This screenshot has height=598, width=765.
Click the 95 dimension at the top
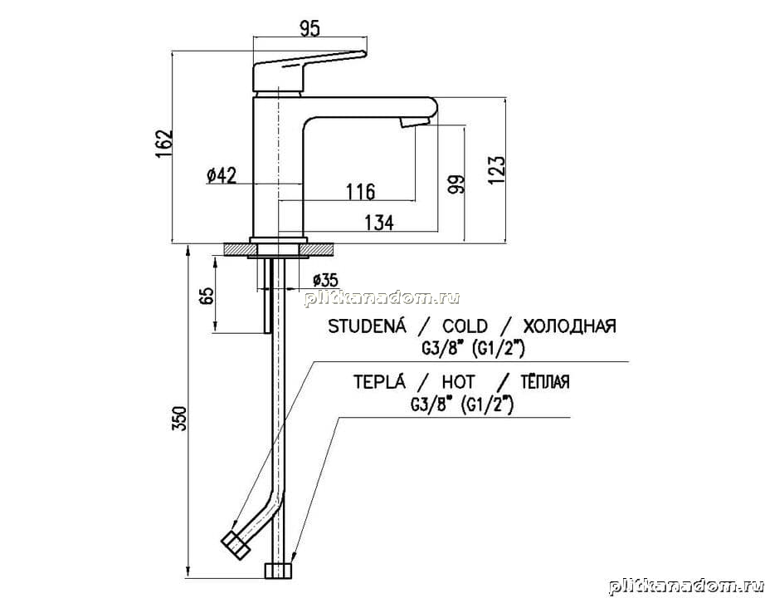click(x=309, y=29)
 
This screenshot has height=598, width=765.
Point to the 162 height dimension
click(x=164, y=142)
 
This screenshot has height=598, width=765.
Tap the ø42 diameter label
click(x=222, y=175)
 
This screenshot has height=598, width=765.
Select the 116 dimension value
click(x=361, y=191)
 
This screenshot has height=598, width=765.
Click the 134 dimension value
click(x=379, y=223)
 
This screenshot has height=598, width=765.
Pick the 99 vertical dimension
click(x=457, y=184)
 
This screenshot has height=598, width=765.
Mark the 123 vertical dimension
click(x=496, y=170)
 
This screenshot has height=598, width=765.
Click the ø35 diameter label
click(x=325, y=280)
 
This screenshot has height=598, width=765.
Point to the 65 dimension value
click(x=207, y=296)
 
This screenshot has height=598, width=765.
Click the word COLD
click(x=465, y=326)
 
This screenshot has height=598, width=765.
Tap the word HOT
click(x=459, y=381)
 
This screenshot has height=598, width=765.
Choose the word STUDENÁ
click(x=367, y=325)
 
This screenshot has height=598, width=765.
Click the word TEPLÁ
click(x=379, y=380)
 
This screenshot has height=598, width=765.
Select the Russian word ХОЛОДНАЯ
click(x=569, y=326)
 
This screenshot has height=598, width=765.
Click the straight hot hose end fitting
click(x=279, y=571)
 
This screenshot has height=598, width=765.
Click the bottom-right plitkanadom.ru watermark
click(x=685, y=586)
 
